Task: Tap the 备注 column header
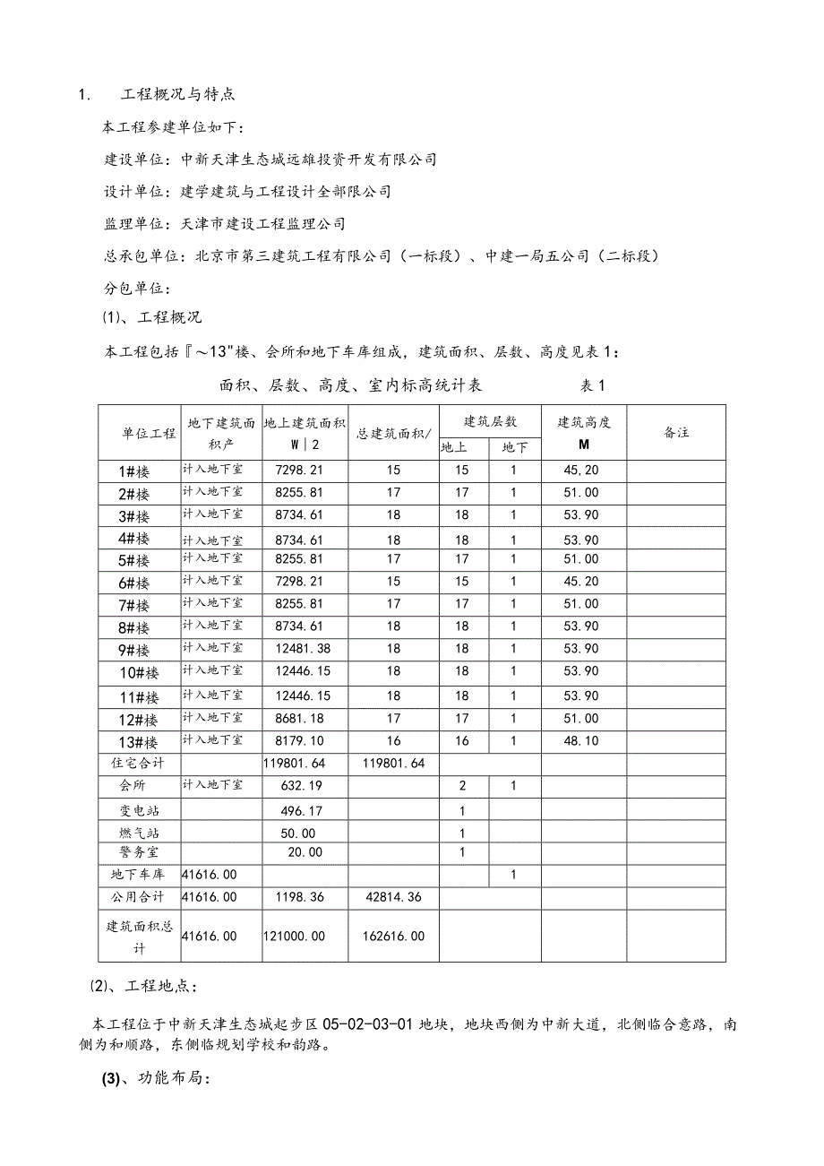click(676, 432)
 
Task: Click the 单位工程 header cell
click(150, 433)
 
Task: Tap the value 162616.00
click(394, 936)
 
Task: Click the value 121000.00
click(295, 936)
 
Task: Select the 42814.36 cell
click(394, 896)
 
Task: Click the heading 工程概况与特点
click(178, 94)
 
